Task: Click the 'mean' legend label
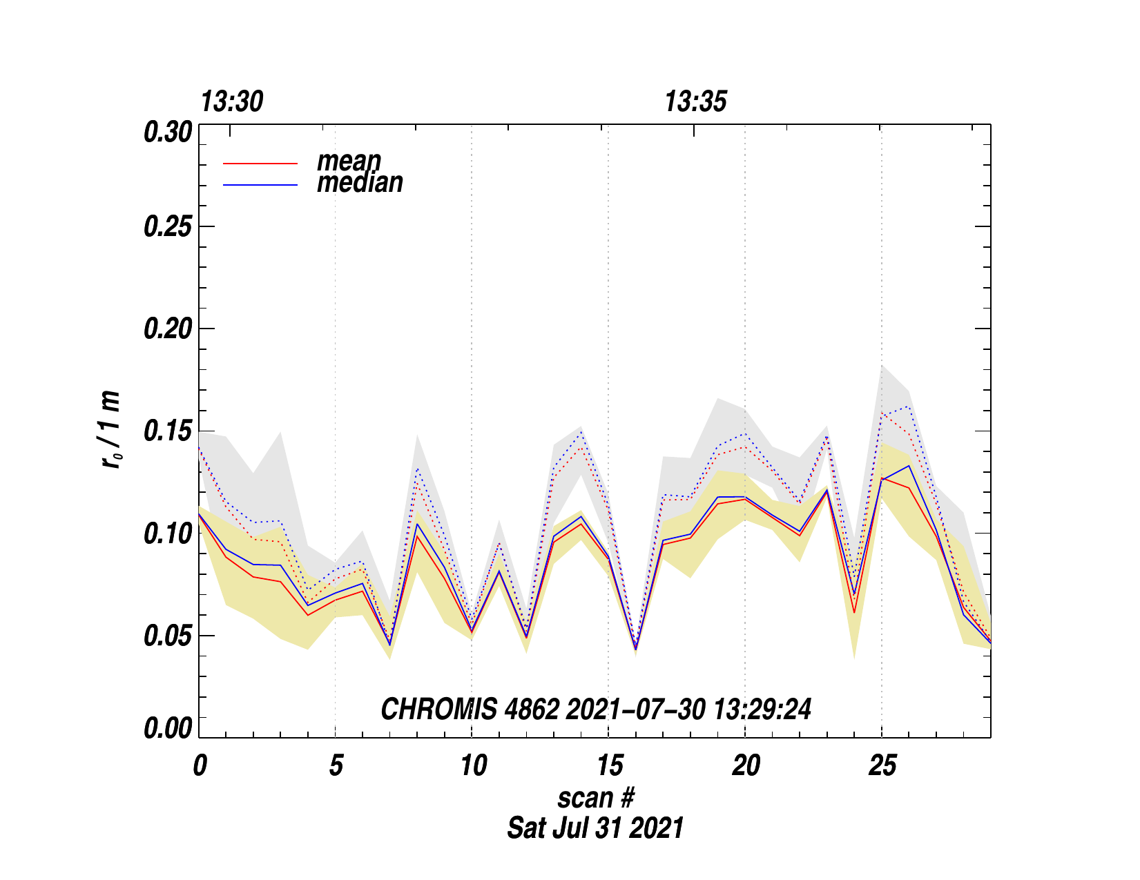349,162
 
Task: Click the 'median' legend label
360,183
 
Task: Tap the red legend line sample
260,164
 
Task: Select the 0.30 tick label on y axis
167,132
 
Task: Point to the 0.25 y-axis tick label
167,227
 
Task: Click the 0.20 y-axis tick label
167,329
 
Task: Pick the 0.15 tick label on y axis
167,431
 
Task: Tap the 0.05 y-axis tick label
167,636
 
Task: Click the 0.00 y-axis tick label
167,729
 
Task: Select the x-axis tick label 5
336,766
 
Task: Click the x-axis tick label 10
474,766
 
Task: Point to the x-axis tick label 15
610,766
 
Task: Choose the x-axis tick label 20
746,766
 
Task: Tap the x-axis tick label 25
882,766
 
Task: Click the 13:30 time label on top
232,102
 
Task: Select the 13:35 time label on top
695,102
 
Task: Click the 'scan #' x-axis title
595,798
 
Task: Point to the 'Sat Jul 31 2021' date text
595,828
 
